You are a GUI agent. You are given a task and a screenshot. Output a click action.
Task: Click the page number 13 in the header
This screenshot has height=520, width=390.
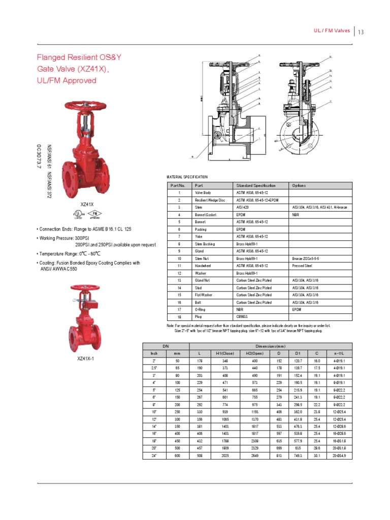[x=361, y=33]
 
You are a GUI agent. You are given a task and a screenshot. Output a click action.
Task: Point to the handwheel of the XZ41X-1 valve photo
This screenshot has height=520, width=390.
[x=84, y=288]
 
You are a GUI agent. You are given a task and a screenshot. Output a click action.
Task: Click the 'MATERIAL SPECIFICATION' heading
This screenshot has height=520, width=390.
[x=187, y=177]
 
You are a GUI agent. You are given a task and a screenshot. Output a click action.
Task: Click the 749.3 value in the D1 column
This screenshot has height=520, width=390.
[x=298, y=456]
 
